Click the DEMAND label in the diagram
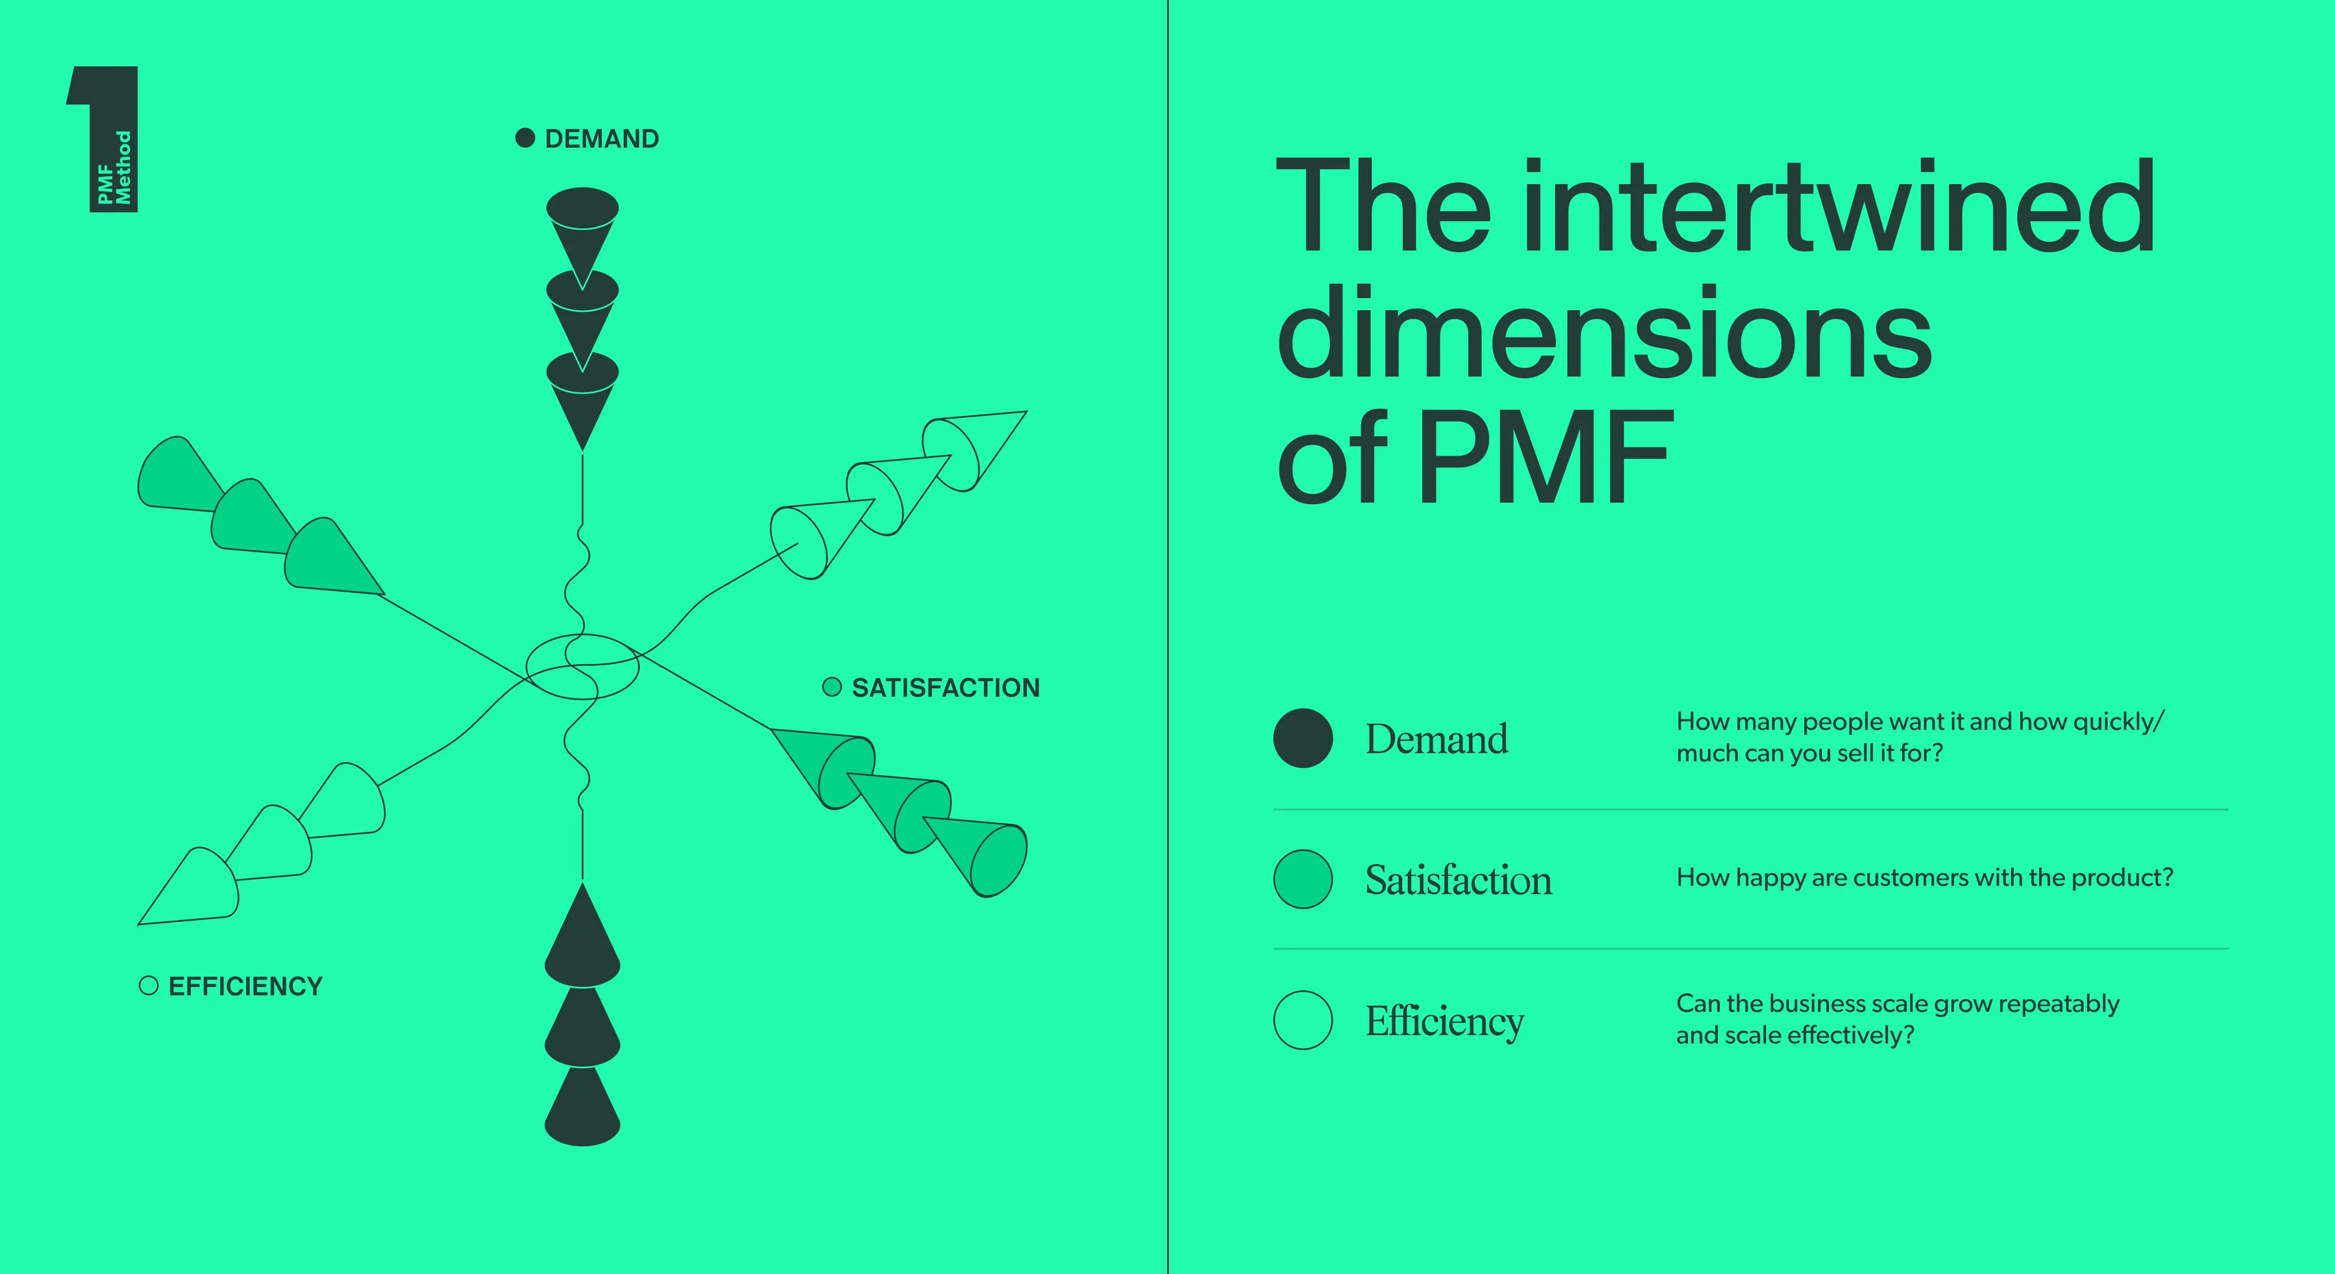[x=602, y=139]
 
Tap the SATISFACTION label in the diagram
[x=946, y=688]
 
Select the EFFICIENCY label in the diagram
[x=246, y=986]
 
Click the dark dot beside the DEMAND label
[x=525, y=138]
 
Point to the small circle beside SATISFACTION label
[x=831, y=687]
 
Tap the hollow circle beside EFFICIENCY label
[x=148, y=986]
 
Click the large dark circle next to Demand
[x=1302, y=738]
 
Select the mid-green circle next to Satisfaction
[x=1302, y=879]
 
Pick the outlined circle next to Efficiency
[x=1302, y=1020]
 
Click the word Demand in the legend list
[x=1437, y=739]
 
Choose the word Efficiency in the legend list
[x=1445, y=1022]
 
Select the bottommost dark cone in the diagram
[x=582, y=1108]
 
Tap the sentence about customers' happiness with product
[x=1925, y=878]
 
